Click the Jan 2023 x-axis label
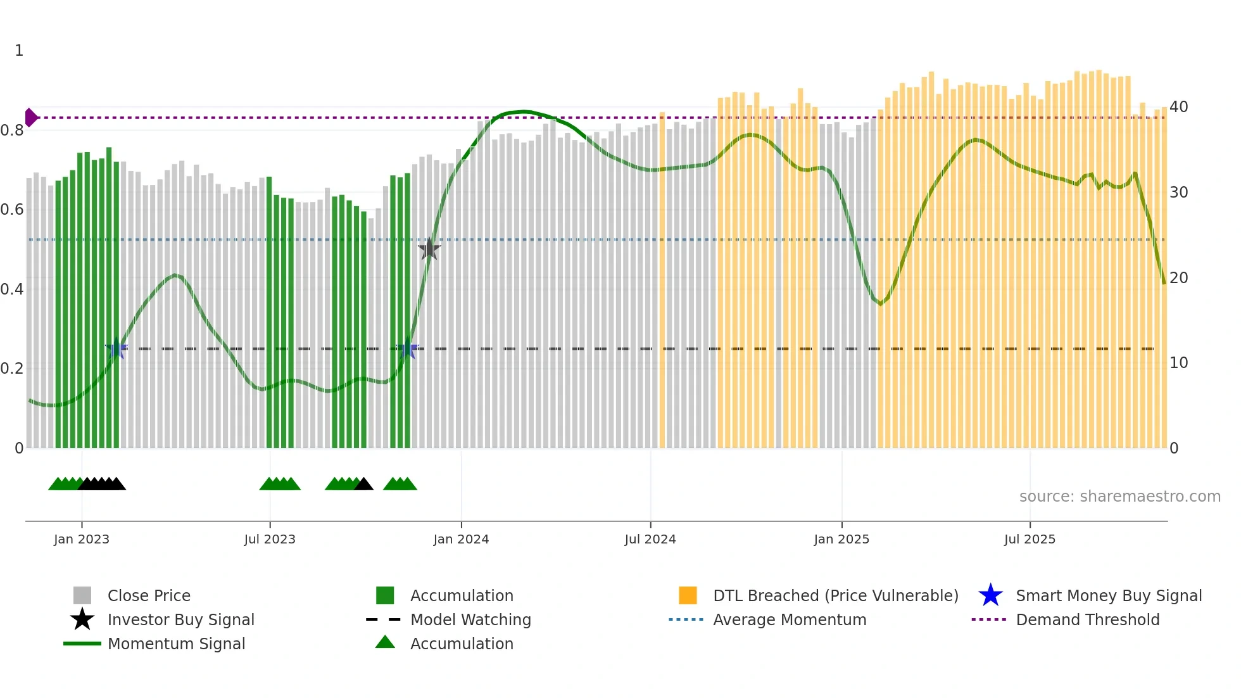(82, 539)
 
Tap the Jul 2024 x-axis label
(650, 539)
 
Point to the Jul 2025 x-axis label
(1030, 539)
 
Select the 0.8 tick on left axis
(12, 130)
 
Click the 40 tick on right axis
(1178, 106)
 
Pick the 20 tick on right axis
(1178, 277)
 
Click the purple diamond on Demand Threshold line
(30, 117)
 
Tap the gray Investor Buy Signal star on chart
(429, 249)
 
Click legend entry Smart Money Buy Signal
(1108, 595)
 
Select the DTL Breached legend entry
(835, 595)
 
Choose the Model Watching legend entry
(470, 619)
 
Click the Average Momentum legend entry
(789, 619)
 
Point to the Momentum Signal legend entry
(175, 644)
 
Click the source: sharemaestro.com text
(1119, 496)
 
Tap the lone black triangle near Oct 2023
(363, 485)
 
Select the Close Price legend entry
(148, 595)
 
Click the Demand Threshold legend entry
(1087, 619)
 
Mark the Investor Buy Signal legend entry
(180, 619)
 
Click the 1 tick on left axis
(19, 51)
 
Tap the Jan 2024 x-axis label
(461, 539)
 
